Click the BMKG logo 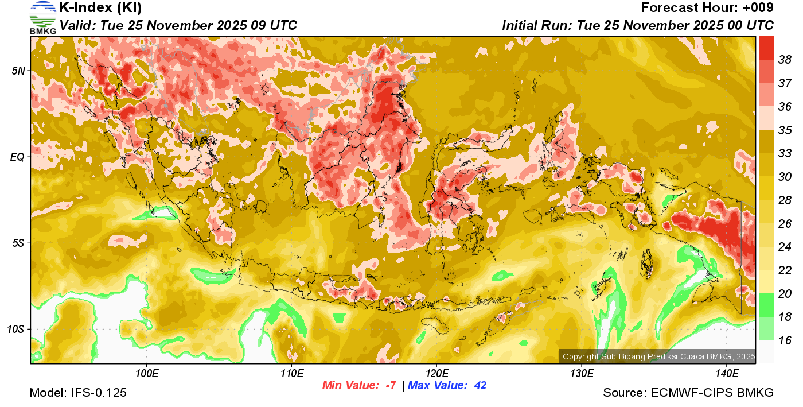[x=42, y=17]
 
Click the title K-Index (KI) [x=100, y=8]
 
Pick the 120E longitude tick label [x=436, y=374]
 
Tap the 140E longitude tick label [x=727, y=374]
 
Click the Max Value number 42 [x=480, y=386]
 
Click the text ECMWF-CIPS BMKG [x=712, y=393]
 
